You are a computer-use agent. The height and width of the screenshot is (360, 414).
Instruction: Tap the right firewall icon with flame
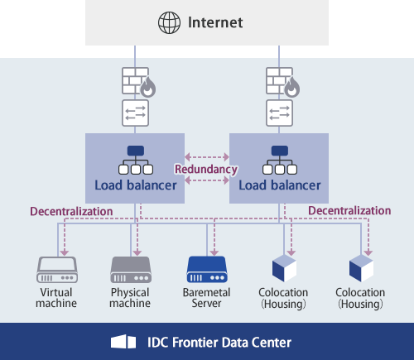279,82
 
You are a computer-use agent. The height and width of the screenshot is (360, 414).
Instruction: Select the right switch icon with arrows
279,113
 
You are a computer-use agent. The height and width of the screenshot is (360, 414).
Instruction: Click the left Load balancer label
135,185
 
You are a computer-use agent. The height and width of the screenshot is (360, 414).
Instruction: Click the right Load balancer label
279,185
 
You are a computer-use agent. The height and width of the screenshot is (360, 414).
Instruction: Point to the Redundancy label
206,169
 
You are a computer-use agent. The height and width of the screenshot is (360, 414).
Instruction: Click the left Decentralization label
71,211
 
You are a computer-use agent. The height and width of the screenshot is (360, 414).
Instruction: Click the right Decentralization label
349,211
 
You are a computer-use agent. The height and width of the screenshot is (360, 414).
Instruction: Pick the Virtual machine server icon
56,269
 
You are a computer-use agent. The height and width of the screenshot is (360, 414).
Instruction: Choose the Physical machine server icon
130,269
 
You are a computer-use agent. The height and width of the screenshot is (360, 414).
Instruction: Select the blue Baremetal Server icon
206,269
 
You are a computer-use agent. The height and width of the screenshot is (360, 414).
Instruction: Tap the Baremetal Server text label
206,298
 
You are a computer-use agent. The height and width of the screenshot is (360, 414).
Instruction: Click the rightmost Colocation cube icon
361,268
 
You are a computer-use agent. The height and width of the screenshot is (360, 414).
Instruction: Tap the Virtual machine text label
56,298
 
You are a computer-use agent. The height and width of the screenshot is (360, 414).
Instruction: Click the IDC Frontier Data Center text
219,341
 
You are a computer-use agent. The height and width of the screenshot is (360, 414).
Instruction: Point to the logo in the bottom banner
123,341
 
